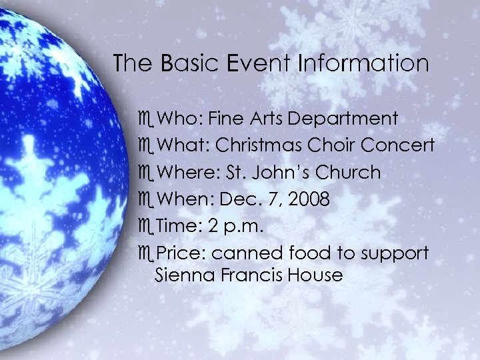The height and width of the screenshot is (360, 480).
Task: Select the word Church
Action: click(347, 172)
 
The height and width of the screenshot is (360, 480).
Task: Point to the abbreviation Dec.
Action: click(238, 199)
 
